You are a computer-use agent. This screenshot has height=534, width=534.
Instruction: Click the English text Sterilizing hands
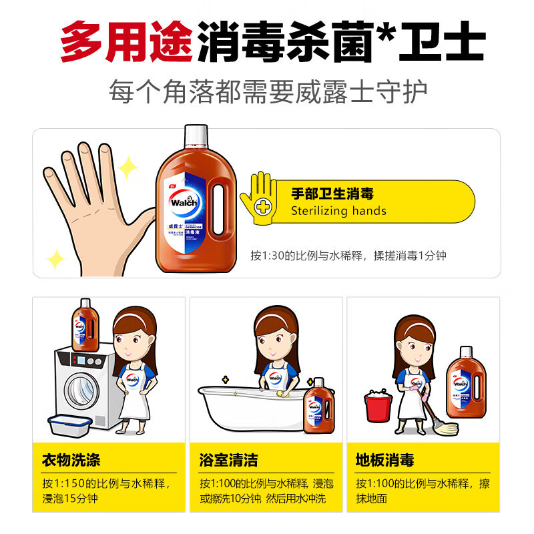point(338,211)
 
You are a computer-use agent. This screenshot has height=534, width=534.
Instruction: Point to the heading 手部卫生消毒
point(332,194)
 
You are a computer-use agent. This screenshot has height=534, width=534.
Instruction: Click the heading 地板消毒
point(385,460)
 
